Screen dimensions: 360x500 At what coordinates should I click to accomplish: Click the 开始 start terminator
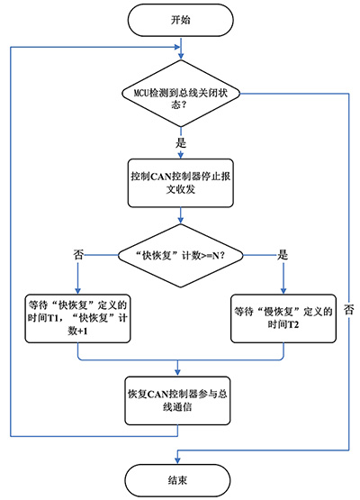[x=180, y=20]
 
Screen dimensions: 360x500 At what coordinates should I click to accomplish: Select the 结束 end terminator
[x=177, y=480]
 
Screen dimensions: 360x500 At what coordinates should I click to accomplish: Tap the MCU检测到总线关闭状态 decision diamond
[x=181, y=94]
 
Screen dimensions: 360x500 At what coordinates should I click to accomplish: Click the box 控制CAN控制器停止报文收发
[x=181, y=183]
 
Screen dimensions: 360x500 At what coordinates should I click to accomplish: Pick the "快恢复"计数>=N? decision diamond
[x=181, y=256]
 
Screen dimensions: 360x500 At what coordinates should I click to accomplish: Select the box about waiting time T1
[x=77, y=319]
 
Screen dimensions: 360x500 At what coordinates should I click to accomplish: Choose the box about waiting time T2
[x=283, y=319]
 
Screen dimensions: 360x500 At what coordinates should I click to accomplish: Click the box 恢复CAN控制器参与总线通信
[x=177, y=401]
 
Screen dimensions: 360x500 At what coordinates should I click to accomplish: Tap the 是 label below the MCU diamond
[x=181, y=142]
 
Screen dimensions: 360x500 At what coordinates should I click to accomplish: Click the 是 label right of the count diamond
[x=283, y=255]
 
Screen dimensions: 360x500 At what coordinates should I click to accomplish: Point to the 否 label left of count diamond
[x=78, y=255]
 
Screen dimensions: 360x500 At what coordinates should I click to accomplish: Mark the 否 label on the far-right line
[x=349, y=310]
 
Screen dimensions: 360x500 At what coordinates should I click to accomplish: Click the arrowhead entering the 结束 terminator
[x=177, y=460]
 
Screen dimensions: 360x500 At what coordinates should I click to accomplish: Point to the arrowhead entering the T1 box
[x=77, y=290]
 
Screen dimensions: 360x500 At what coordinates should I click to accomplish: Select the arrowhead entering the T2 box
[x=283, y=290]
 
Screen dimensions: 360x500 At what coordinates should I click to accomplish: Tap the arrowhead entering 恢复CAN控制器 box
[x=177, y=373]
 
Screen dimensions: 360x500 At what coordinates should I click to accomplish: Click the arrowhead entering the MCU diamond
[x=181, y=56]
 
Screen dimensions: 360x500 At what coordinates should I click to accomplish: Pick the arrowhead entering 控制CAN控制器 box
[x=181, y=155]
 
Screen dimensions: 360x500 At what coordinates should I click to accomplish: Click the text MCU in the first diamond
[x=141, y=94]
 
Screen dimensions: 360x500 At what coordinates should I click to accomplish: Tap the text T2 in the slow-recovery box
[x=293, y=325]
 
